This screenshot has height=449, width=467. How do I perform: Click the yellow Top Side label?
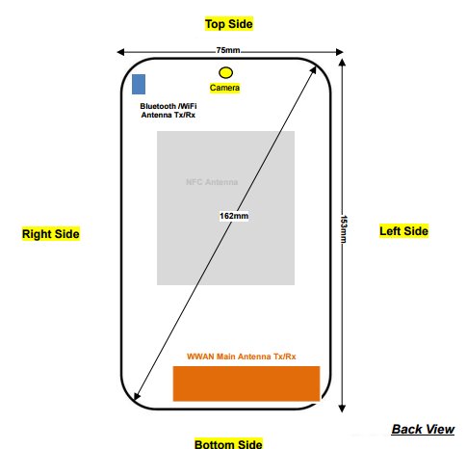pos(229,24)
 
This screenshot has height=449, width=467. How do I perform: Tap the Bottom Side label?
pos(228,443)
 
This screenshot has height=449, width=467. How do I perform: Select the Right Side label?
pos(51,233)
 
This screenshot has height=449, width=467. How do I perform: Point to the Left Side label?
pos(403,231)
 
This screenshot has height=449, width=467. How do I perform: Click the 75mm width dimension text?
pos(228,50)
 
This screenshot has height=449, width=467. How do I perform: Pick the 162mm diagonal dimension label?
pos(234,216)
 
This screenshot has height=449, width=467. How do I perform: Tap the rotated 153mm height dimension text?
pos(344,229)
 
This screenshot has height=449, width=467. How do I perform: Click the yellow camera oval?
pos(225,73)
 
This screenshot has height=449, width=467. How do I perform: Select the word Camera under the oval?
pos(224,88)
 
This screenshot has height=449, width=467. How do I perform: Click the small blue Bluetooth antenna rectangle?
pos(139,84)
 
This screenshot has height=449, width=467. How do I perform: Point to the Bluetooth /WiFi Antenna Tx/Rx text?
pos(169,111)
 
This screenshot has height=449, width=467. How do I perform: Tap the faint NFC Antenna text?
pos(212,182)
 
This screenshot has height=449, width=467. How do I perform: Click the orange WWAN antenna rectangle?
pos(246,383)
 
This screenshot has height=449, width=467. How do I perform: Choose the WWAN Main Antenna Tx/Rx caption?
pos(242,357)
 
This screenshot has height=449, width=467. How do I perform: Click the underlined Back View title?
pos(423,429)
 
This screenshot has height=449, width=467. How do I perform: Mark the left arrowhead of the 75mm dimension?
pos(120,52)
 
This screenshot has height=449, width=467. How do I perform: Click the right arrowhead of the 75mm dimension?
pos(340,52)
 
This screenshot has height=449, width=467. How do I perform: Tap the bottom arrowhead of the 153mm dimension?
pos(342,409)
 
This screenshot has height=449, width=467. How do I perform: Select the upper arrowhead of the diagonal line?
pos(314,69)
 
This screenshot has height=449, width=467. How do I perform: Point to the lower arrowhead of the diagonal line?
pos(137,396)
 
